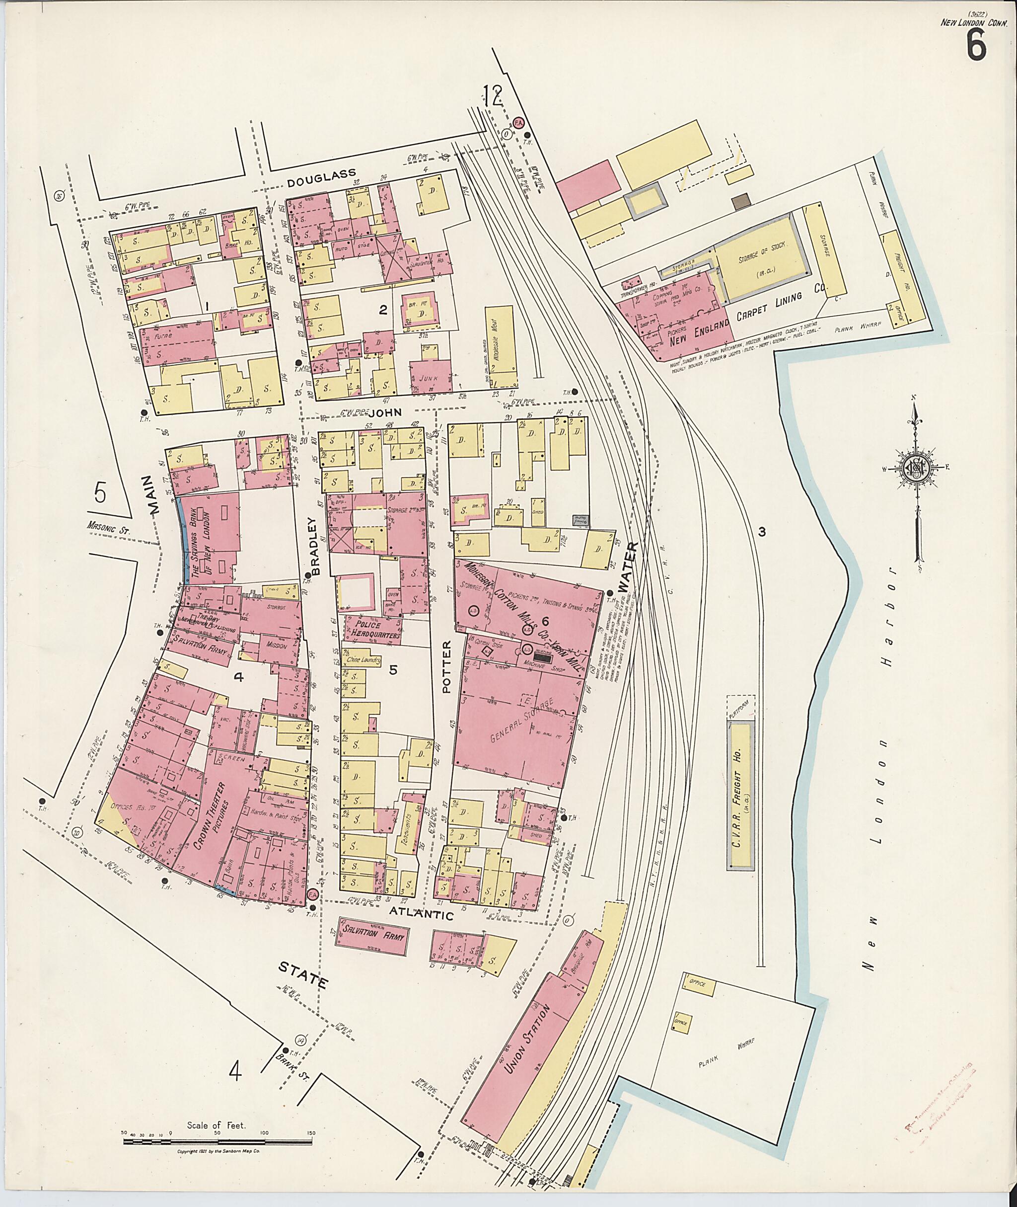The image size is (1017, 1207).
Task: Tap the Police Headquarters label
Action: coord(372,630)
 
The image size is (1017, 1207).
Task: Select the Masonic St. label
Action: coord(109,526)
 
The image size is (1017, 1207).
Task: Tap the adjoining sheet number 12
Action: coord(494,96)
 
